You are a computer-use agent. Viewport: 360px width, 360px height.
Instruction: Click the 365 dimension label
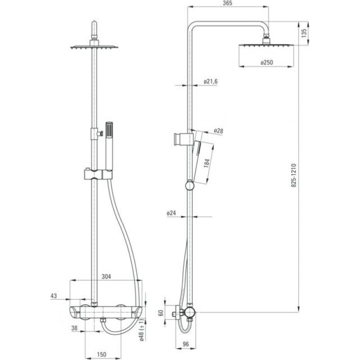pos(227,3)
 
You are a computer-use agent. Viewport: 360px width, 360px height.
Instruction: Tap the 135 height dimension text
pos(304,33)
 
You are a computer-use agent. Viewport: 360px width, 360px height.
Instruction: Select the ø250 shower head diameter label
pos(267,62)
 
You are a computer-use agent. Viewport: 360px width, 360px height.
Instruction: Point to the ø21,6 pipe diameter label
pos(211,81)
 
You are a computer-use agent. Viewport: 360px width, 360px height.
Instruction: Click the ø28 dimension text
pos(218,131)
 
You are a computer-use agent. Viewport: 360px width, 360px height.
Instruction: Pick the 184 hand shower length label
pos(207,163)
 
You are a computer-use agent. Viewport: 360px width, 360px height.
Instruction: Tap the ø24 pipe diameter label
pos(171,213)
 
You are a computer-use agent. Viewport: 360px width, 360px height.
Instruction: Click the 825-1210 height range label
pos(294,175)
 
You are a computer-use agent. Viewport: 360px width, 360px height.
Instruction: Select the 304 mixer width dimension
pos(106,276)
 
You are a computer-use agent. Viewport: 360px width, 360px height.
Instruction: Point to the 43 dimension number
pos(54,296)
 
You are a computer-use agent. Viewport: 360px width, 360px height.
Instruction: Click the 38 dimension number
pos(74,328)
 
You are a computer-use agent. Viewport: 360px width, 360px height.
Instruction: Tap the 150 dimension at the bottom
pos(102,355)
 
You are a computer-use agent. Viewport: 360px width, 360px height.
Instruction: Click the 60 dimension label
pos(161,313)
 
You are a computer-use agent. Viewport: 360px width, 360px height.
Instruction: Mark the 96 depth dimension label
pos(185,344)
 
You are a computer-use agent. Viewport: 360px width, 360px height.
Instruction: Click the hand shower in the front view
pos(109,146)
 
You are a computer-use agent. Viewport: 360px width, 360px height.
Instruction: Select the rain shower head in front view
pos(94,47)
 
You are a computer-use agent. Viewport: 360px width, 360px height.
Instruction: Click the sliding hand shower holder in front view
pos(98,174)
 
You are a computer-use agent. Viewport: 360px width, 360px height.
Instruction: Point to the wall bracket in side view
pos(183,139)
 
